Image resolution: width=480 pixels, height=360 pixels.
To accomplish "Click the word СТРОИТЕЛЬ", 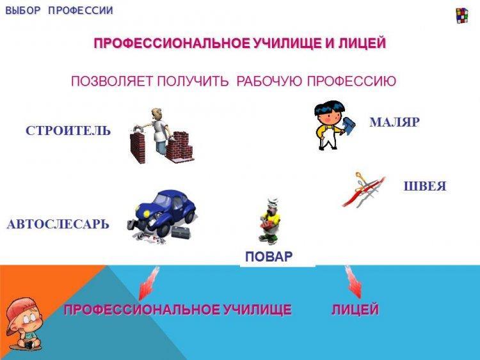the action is [68, 130].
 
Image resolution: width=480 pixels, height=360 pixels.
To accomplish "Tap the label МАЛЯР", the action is [394, 122].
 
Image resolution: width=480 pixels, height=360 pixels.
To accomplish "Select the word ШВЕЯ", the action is [425, 186].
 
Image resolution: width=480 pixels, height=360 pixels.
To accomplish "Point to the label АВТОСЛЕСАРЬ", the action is [58, 224].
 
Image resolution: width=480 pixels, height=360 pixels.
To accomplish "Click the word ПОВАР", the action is [269, 256].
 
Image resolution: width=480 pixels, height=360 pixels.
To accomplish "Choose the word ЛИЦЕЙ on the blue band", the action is [355, 309].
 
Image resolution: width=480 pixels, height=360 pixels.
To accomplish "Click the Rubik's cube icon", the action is [462, 16].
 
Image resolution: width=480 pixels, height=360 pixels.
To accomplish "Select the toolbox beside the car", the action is [181, 233].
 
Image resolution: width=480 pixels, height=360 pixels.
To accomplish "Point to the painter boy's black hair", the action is [329, 108].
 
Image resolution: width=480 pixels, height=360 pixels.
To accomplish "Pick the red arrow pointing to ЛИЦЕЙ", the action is [353, 281].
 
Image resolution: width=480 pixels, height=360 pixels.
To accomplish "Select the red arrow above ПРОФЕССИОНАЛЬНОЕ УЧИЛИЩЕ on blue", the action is [149, 283].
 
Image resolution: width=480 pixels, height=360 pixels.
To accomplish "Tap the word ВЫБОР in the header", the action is [23, 10].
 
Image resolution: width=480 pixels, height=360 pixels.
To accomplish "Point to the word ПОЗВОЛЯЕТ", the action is [112, 81].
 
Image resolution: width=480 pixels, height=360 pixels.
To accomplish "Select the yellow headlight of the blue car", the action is [147, 213].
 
